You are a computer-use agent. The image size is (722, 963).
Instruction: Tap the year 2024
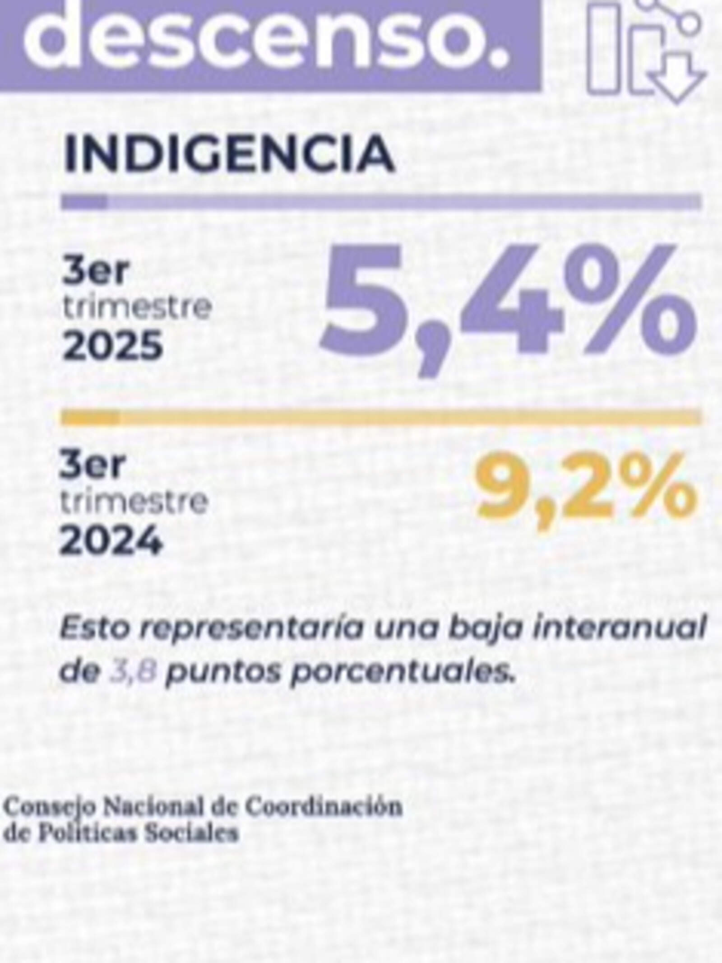point(111,541)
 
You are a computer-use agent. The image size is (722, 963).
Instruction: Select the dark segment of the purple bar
point(84,202)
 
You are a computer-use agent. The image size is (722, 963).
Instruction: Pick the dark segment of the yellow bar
point(90,417)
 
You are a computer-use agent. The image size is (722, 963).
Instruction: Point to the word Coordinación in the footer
point(323,807)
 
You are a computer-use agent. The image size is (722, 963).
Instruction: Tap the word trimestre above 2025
point(136,308)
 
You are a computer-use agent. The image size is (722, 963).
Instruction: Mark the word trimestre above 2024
point(134,502)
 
